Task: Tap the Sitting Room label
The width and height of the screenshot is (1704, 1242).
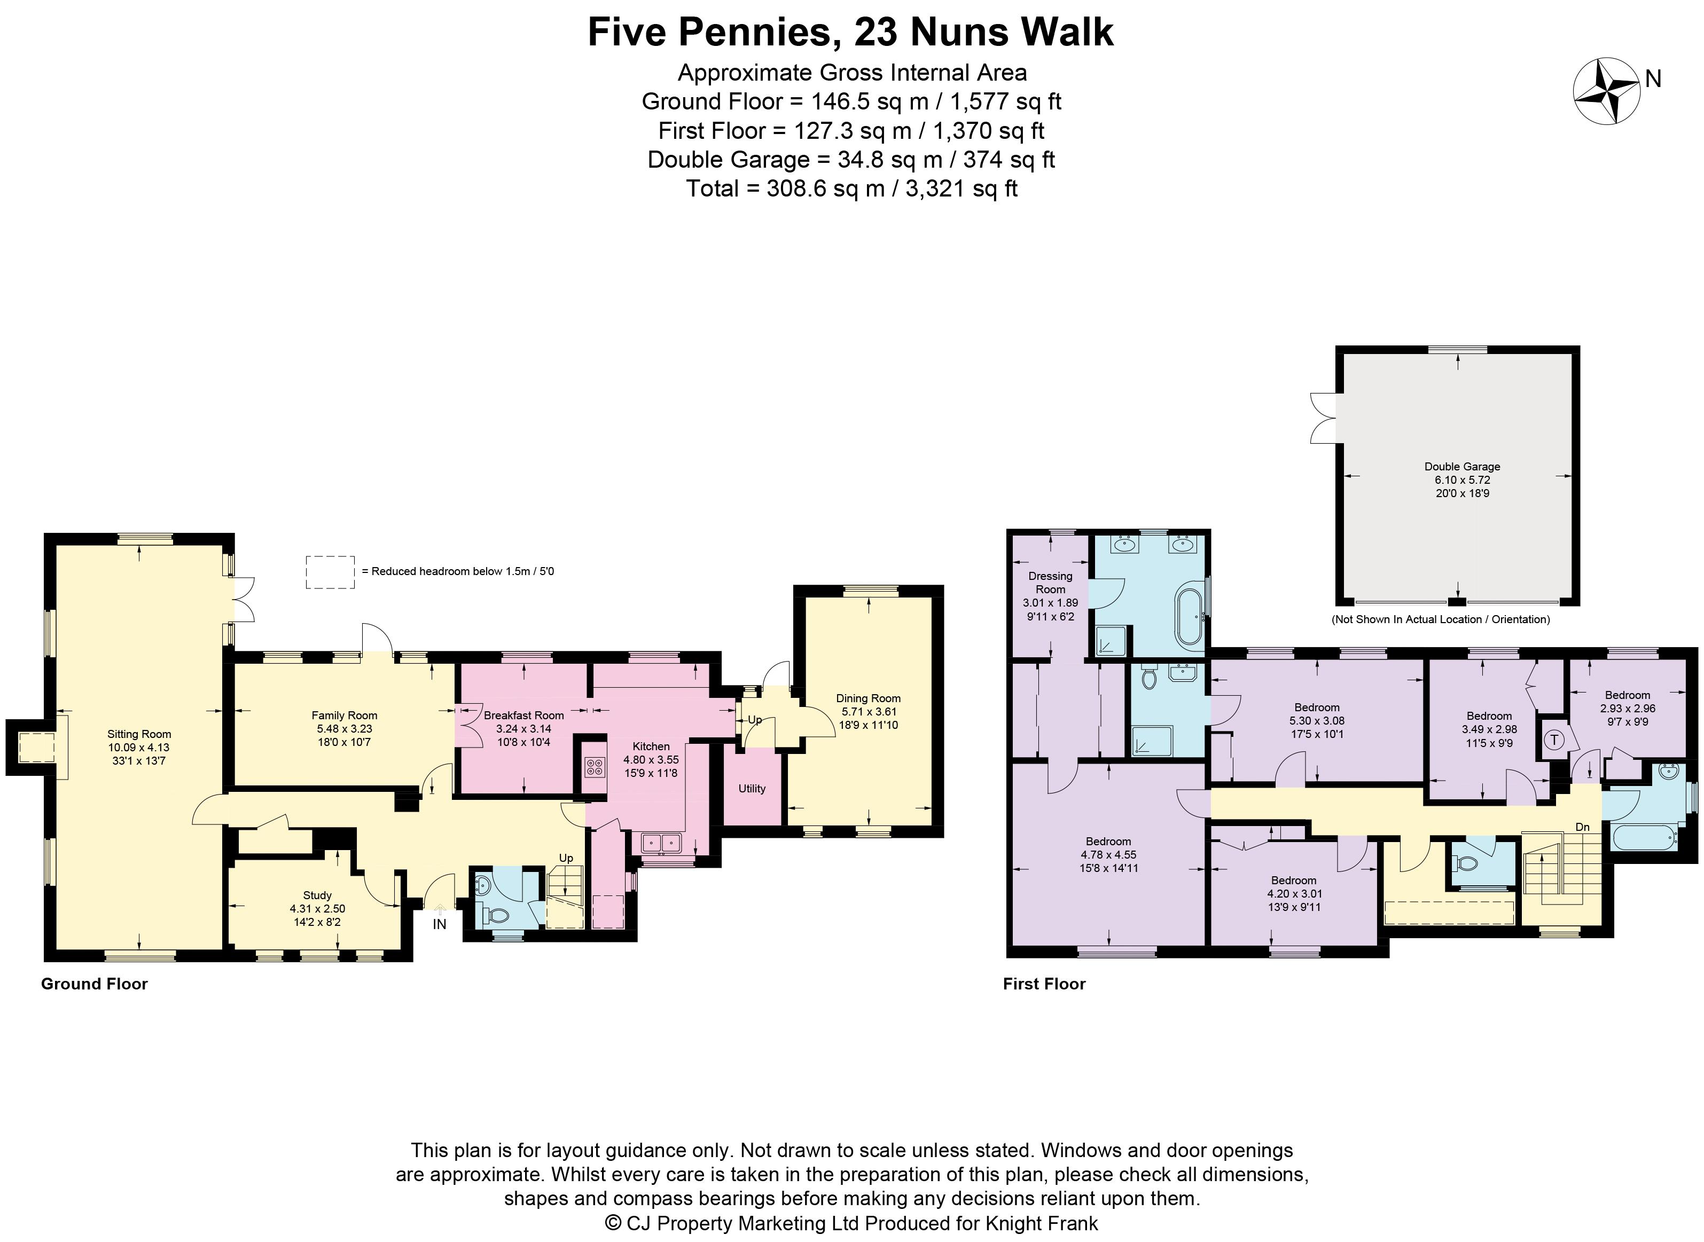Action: coord(139,734)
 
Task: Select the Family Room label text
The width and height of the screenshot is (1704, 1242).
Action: coord(345,715)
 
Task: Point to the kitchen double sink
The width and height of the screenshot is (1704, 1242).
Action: coord(662,843)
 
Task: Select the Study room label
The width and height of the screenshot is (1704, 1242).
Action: coord(317,895)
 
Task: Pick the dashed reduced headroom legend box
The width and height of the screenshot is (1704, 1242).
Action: coord(330,572)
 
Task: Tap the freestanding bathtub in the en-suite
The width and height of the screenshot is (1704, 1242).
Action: coord(1189,617)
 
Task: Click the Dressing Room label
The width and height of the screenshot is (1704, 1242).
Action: coord(1051,583)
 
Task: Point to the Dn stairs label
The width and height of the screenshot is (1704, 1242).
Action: coord(1582,826)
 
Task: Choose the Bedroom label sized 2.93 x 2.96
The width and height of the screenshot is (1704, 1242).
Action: coord(1627,695)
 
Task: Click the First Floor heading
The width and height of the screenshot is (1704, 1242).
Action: coord(1044,984)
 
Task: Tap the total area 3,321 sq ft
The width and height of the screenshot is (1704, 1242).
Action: coord(961,188)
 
